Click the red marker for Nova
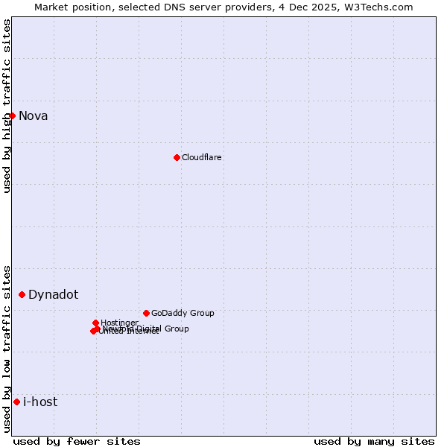[12, 115]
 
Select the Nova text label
[34, 115]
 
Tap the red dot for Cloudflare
[177, 157]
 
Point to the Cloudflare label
[202, 157]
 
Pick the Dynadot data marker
[22, 294]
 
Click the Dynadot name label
[53, 294]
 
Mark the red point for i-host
[16, 402]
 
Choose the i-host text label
[40, 402]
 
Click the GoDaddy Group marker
[146, 313]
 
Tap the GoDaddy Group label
[183, 313]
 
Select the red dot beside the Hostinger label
[95, 323]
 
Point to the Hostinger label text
[119, 323]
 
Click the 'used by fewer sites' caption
[77, 441]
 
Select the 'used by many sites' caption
[374, 441]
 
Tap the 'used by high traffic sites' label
[7, 106]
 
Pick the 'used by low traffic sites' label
[7, 349]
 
